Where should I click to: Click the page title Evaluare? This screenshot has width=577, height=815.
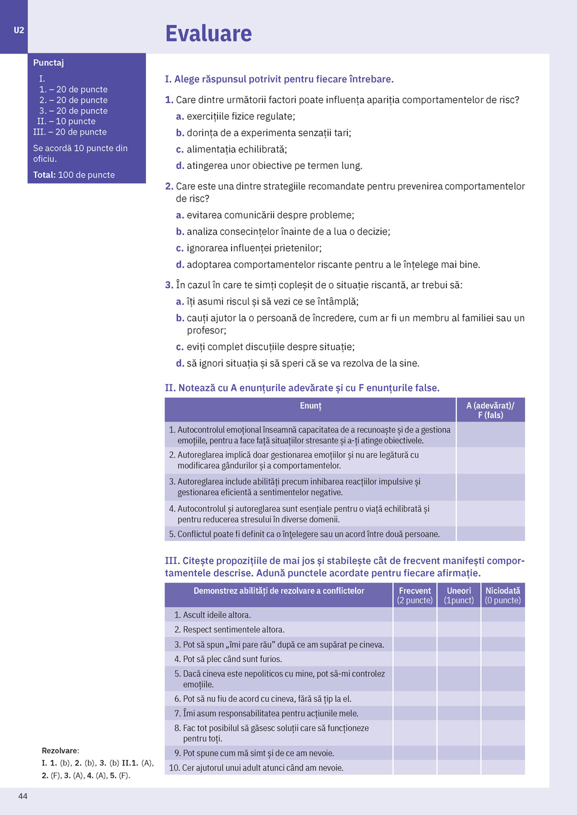[208, 34]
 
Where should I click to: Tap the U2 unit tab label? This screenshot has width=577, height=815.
[19, 30]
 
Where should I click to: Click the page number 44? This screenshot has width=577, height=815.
[23, 796]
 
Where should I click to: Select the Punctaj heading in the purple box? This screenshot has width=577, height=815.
[48, 62]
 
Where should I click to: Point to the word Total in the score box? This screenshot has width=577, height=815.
[44, 175]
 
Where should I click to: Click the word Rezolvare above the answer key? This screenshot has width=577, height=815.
[60, 750]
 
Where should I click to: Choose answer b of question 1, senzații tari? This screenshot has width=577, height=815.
[268, 133]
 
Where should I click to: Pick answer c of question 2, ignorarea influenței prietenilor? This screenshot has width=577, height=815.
[254, 248]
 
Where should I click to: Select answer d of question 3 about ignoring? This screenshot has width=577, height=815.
[302, 364]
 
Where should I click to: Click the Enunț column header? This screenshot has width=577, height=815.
[310, 406]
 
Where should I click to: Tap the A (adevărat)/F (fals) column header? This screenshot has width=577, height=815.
[490, 410]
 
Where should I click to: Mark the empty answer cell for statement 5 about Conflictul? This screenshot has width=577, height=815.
[490, 534]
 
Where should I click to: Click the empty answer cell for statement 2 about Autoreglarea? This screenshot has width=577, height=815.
[490, 460]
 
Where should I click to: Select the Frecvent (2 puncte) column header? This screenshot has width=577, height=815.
[415, 595]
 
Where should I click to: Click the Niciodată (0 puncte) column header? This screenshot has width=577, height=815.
[503, 595]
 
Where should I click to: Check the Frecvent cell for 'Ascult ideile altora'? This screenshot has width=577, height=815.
[415, 615]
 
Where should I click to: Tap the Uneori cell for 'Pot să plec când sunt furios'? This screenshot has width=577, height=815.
[459, 659]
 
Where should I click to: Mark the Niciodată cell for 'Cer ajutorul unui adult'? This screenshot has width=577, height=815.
[503, 768]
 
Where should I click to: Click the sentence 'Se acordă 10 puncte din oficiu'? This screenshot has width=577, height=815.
[80, 153]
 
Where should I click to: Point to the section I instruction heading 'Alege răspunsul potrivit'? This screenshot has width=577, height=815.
[279, 79]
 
